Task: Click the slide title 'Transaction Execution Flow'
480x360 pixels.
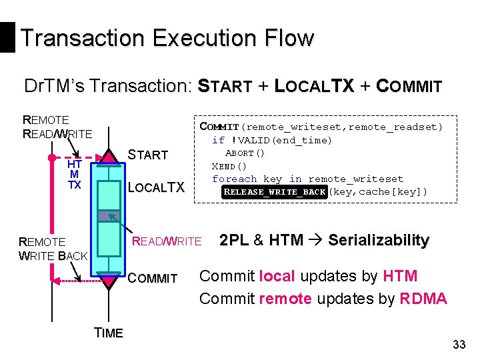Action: [x=167, y=37]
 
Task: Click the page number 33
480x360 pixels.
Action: [x=459, y=345]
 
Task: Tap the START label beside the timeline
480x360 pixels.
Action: [x=147, y=155]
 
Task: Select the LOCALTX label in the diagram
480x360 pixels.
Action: [x=155, y=188]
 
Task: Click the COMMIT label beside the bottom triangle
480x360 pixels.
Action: [x=154, y=279]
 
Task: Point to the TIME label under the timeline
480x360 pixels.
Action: [x=109, y=333]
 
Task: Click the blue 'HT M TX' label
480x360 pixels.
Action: [x=75, y=175]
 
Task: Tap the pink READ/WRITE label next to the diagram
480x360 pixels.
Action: [x=167, y=241]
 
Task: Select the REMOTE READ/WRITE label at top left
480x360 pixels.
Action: [x=57, y=127]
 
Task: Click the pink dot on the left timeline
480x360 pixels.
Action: [x=50, y=159]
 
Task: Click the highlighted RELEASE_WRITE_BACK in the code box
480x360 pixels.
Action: [x=275, y=192]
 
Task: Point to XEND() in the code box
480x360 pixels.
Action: [x=229, y=166]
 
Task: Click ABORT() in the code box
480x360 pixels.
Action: [x=245, y=153]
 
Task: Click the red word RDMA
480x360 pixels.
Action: [x=423, y=299]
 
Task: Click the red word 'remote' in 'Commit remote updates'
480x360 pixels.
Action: [x=285, y=299]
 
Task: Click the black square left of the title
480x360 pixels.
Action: [x=7, y=37]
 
